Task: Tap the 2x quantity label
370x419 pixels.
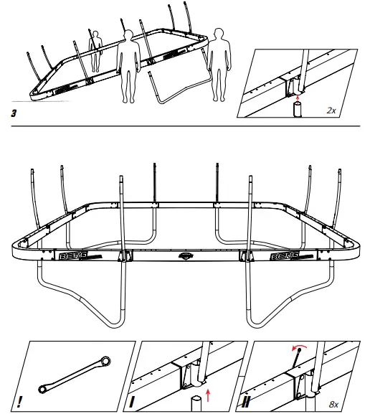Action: coord(331,110)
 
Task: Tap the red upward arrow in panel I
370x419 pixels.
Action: coord(209,394)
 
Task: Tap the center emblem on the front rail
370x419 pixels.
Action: coord(185,255)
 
